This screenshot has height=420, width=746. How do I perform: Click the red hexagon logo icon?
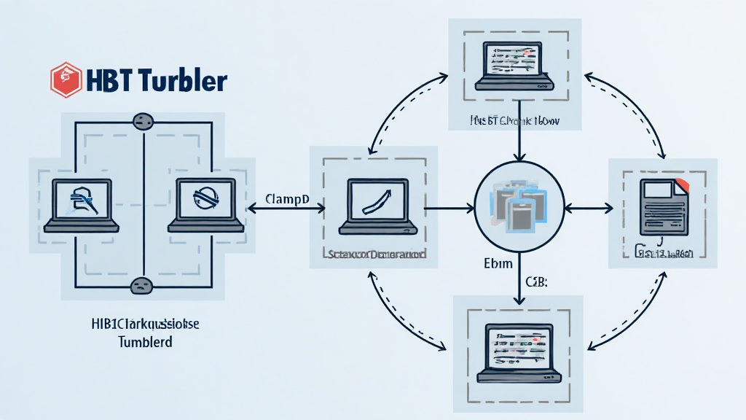tap(66, 79)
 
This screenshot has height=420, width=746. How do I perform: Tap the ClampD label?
tap(287, 198)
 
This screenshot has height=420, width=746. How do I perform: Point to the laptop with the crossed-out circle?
tap(205, 205)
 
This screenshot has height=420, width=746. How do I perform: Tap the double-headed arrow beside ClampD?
tap(286, 209)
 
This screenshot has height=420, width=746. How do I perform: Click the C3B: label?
tap(536, 281)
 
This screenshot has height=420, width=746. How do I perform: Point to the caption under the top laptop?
tap(514, 122)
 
